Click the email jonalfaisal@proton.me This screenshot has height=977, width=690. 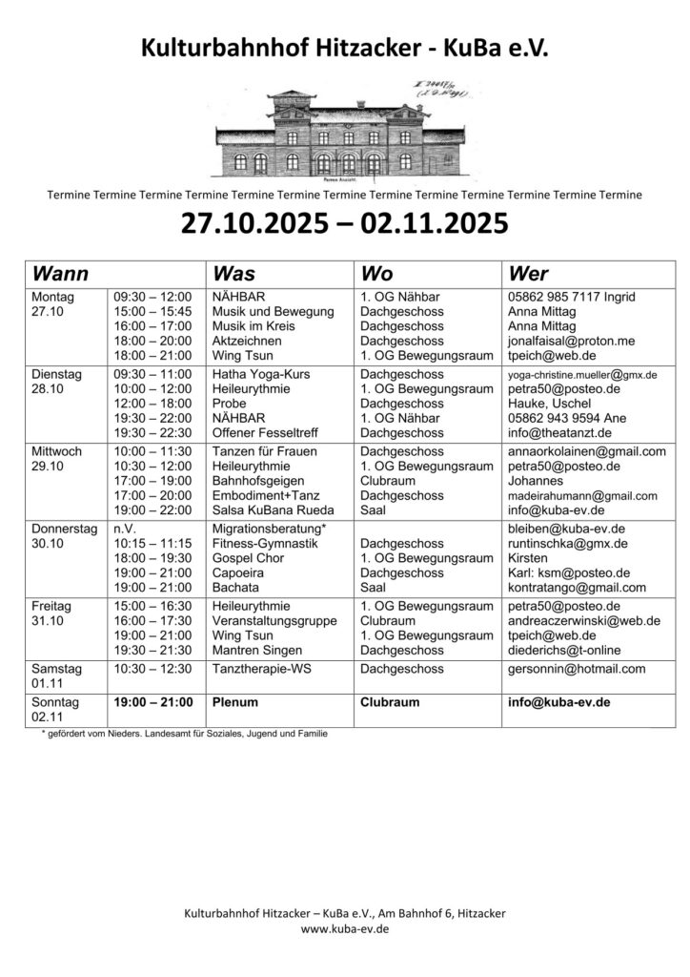point(570,340)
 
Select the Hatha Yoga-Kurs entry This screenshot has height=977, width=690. point(261,375)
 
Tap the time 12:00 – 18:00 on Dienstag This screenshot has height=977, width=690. point(152,404)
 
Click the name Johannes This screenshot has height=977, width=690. point(538,481)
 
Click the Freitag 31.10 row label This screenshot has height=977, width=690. point(53,613)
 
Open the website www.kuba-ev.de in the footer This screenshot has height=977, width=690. point(345,927)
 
